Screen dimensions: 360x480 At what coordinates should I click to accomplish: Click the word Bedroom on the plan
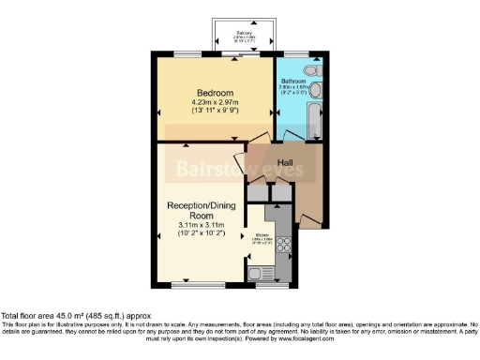213,92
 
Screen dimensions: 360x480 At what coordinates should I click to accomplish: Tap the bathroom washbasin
316,91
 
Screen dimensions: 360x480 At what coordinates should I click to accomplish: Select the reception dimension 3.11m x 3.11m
204,225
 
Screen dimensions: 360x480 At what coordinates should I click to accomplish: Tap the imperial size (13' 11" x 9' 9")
213,112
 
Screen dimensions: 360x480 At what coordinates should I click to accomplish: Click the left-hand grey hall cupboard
256,190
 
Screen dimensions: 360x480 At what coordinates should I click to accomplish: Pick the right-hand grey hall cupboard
277,190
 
